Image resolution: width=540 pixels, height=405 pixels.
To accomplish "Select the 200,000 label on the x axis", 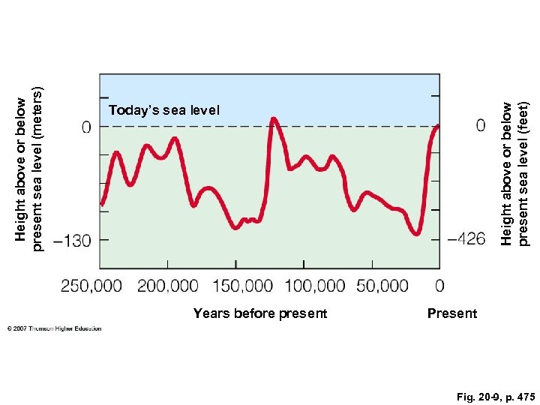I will point(167,286).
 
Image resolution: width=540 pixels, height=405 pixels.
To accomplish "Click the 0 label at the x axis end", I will point(439,286).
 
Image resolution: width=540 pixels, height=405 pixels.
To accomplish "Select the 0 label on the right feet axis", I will point(480,124).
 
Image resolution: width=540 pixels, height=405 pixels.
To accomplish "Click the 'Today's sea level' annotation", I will point(164,110).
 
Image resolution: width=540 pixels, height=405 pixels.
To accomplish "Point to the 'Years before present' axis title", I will point(259,313).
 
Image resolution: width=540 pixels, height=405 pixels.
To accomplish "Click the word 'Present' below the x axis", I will point(451,313).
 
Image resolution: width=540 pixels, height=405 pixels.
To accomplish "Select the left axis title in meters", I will point(30,163).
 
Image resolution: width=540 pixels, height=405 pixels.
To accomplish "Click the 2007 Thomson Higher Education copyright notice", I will point(54,328).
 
